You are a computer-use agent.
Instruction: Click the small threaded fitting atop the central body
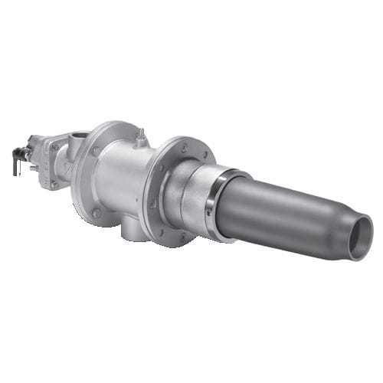[x=140, y=137]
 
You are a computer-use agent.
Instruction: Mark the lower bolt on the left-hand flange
[x=96, y=213]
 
